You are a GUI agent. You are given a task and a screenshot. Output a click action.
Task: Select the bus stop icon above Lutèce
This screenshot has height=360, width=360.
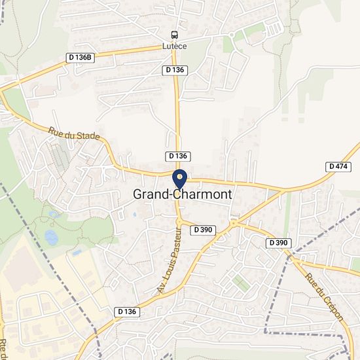[x=174, y=35]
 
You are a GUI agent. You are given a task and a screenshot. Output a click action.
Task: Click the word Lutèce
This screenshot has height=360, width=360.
[x=174, y=46]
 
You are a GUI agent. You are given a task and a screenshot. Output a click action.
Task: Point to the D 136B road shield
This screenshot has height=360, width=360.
[x=81, y=58]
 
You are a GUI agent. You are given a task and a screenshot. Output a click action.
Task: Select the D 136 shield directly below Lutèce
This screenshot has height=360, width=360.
[x=174, y=69]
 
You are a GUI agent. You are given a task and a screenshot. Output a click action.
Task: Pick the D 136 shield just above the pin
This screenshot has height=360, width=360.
[x=178, y=156]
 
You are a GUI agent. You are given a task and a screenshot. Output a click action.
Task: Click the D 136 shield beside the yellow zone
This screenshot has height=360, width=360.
[x=127, y=312]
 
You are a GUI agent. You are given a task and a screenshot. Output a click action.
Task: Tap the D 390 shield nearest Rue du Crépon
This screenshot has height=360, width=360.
[x=278, y=243]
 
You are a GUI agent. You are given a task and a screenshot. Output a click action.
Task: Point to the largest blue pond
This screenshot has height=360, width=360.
[x=52, y=236]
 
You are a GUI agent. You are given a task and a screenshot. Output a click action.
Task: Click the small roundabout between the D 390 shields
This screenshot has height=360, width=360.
[x=234, y=224]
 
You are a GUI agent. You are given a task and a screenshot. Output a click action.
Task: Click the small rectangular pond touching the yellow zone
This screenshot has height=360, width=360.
[x=77, y=252]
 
